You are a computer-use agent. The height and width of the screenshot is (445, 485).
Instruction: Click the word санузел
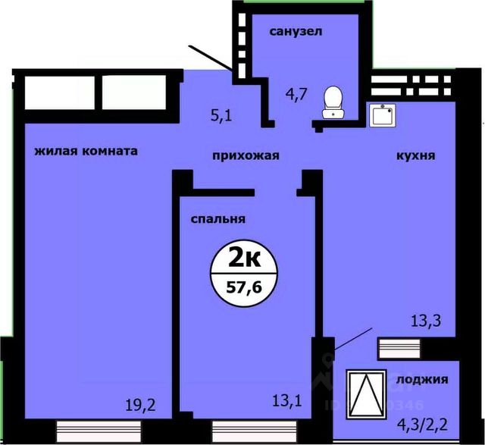(x=296, y=32)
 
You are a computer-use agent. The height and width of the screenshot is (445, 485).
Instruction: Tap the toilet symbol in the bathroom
(x=333, y=102)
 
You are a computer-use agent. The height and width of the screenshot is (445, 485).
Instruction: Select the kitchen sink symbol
(x=383, y=115)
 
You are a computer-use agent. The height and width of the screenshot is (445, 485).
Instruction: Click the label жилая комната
(x=86, y=151)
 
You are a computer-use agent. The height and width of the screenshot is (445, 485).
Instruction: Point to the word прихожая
(x=246, y=155)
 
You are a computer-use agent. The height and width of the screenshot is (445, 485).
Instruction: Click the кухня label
(x=416, y=155)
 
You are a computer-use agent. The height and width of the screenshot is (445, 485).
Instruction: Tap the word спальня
(x=217, y=219)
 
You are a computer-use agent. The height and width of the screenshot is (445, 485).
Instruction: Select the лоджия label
(x=422, y=379)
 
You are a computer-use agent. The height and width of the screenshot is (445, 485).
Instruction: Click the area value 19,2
(x=140, y=405)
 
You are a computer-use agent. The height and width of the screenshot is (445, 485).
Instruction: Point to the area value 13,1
(x=286, y=401)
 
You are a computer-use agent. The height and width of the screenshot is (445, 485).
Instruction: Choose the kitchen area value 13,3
(x=426, y=321)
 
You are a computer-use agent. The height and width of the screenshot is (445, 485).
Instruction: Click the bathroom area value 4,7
(x=296, y=94)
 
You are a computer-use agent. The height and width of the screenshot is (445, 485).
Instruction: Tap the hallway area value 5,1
(x=221, y=116)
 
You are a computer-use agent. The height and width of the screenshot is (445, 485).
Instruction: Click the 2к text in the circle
(x=244, y=259)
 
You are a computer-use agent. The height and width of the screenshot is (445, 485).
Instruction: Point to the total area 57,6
(x=244, y=288)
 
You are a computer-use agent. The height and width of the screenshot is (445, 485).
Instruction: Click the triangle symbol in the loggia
(x=367, y=394)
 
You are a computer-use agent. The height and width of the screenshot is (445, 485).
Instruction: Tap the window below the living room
(x=99, y=431)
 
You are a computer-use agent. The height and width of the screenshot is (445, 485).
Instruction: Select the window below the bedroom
(x=255, y=431)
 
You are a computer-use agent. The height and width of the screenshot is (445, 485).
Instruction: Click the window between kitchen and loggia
(x=399, y=349)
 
